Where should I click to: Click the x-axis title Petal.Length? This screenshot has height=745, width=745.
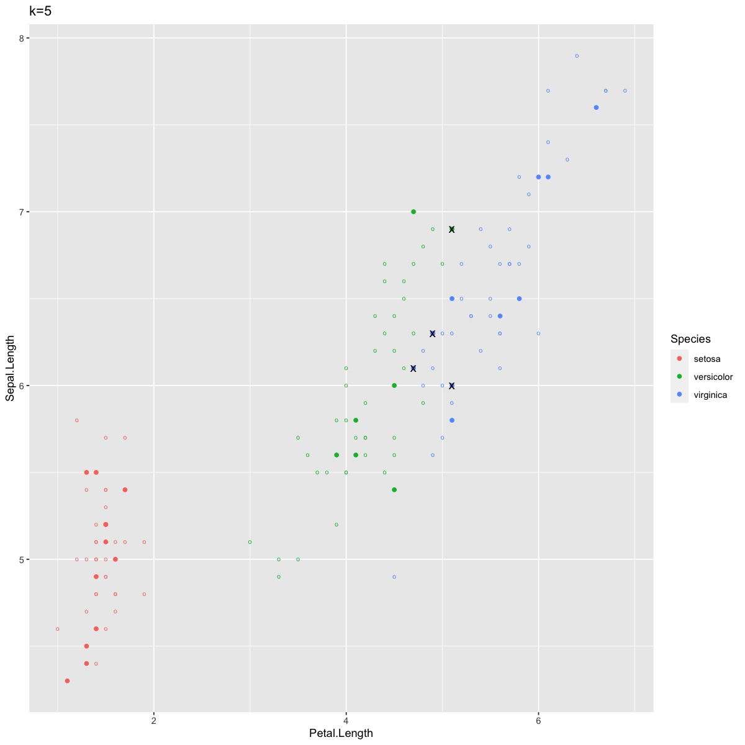tap(341, 733)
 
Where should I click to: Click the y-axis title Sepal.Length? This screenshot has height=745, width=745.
tap(11, 369)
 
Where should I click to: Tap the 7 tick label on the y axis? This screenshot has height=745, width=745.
tap(20, 212)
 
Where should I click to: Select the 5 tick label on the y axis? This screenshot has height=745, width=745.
tap(20, 559)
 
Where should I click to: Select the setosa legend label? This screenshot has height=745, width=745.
tap(707, 359)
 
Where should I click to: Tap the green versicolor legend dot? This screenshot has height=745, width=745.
tap(680, 377)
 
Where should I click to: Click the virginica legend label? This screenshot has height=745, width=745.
tap(710, 395)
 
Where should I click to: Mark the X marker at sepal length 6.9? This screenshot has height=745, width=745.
tap(452, 230)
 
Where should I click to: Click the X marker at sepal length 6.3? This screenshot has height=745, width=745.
tap(433, 333)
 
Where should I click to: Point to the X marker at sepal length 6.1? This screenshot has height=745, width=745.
tap(413, 368)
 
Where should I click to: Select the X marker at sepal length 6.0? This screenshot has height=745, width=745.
tap(452, 386)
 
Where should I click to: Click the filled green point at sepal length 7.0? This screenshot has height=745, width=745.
tap(413, 212)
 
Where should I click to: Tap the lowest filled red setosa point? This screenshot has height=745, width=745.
tap(67, 681)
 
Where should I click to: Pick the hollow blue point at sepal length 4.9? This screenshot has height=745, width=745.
tap(394, 577)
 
